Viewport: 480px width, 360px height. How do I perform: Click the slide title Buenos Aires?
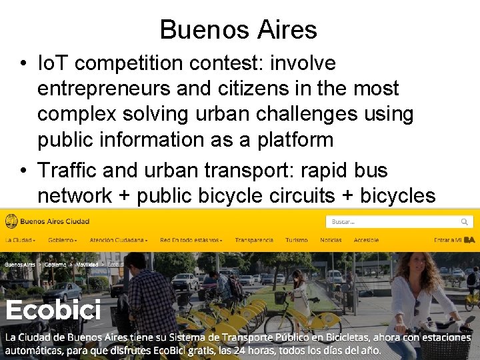click(239, 29)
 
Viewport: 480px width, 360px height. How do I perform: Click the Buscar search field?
click(390, 221)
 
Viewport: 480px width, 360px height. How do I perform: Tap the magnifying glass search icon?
click(464, 221)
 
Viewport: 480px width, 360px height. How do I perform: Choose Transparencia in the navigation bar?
click(254, 240)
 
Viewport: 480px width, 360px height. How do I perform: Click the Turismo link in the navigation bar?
click(296, 240)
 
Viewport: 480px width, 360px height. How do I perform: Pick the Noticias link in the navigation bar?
click(331, 240)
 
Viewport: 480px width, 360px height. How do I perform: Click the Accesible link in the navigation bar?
click(366, 240)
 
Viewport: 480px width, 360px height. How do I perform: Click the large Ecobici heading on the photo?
click(53, 310)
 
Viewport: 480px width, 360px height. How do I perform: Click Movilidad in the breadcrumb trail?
click(87, 265)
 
